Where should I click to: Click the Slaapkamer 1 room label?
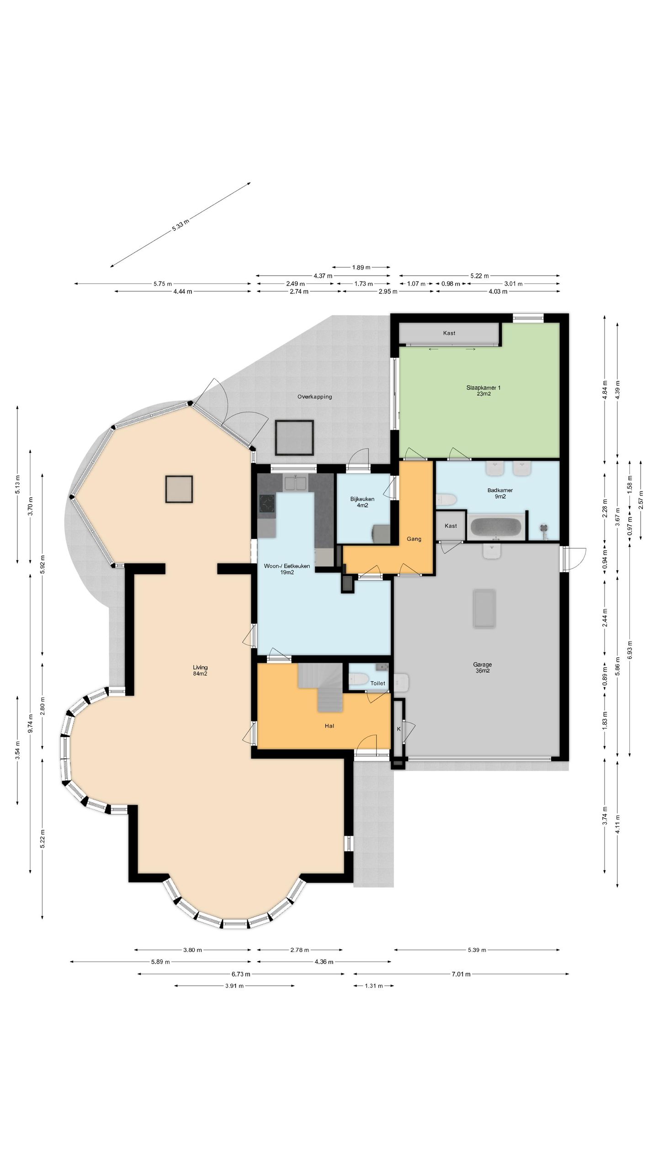[483, 390]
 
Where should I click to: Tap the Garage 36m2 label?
[482, 668]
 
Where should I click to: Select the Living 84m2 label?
[200, 670]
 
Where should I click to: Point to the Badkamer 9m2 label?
[500, 493]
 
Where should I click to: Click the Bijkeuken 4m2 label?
[362, 502]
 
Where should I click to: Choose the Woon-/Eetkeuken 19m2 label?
[287, 569]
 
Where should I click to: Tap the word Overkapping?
[314, 397]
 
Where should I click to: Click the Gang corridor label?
[414, 539]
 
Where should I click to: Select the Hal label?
[329, 726]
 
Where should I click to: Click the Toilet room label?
[378, 683]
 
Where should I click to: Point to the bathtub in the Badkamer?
[496, 527]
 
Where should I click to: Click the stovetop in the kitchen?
[267, 504]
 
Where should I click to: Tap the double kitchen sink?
[296, 483]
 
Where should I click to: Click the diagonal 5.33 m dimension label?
[180, 225]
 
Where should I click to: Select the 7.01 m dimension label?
[461, 974]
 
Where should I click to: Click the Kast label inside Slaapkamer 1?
[449, 333]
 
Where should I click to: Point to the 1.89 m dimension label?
[361, 267]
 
